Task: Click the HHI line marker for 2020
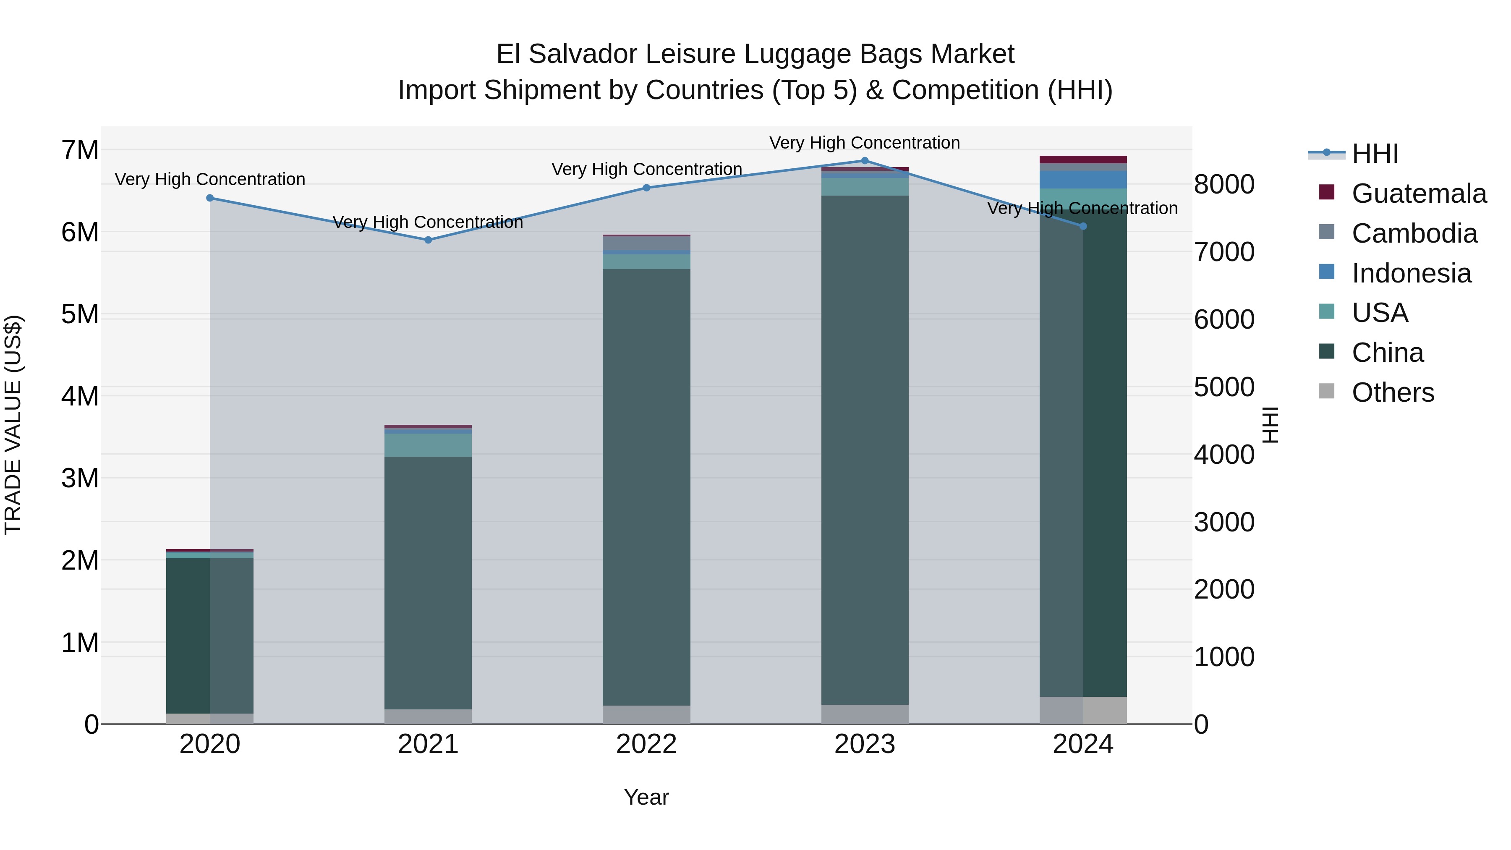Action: pyautogui.click(x=210, y=198)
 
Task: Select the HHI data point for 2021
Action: pyautogui.click(x=428, y=240)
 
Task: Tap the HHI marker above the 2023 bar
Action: pyautogui.click(x=865, y=161)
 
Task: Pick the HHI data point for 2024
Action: pyautogui.click(x=1083, y=226)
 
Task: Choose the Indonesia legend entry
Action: pyautogui.click(x=1411, y=273)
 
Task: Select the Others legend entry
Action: pyautogui.click(x=1393, y=392)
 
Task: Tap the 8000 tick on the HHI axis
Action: pyautogui.click(x=1224, y=184)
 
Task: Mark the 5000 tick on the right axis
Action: pyautogui.click(x=1224, y=387)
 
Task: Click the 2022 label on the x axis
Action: pyautogui.click(x=646, y=744)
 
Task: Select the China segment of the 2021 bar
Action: pyautogui.click(x=428, y=581)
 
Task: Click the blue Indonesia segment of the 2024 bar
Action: pyautogui.click(x=1083, y=180)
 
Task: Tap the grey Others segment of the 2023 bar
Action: pyautogui.click(x=865, y=714)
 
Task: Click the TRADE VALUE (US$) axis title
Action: pyautogui.click(x=13, y=425)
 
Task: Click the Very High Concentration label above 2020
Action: pyautogui.click(x=210, y=180)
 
